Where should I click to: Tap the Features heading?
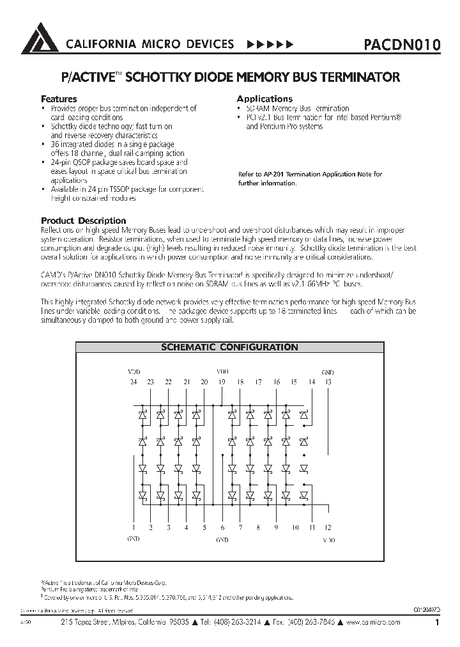click(59, 99)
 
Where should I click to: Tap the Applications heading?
click(264, 98)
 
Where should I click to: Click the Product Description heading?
click(83, 221)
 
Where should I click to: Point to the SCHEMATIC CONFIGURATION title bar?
click(229, 348)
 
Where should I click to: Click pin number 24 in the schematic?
click(133, 382)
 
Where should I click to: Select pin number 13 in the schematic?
click(328, 382)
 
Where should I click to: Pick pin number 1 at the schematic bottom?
click(134, 528)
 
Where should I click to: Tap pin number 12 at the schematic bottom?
click(328, 528)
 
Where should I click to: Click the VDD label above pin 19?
click(222, 371)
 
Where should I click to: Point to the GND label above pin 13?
click(328, 371)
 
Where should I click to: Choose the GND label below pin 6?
click(222, 540)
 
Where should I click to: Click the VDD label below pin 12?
click(328, 540)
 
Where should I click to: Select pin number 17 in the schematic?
click(258, 382)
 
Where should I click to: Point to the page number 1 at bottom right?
click(437, 622)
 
